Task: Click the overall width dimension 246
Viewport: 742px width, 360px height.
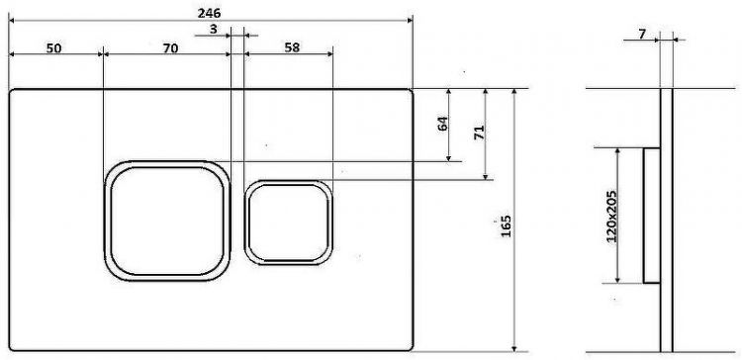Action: [x=209, y=13]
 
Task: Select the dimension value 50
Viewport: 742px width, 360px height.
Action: [x=53, y=47]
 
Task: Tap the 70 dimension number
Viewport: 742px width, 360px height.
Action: [x=170, y=47]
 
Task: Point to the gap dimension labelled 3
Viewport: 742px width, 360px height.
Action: [x=213, y=29]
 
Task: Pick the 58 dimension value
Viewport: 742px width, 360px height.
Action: [x=292, y=47]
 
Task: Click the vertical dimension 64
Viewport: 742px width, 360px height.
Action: [x=442, y=124]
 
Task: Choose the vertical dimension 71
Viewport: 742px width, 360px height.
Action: [x=479, y=133]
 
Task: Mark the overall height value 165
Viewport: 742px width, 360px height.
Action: [x=506, y=226]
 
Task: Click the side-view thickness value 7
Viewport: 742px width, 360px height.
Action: [x=642, y=34]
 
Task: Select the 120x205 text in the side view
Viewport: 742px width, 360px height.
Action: [x=611, y=217]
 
